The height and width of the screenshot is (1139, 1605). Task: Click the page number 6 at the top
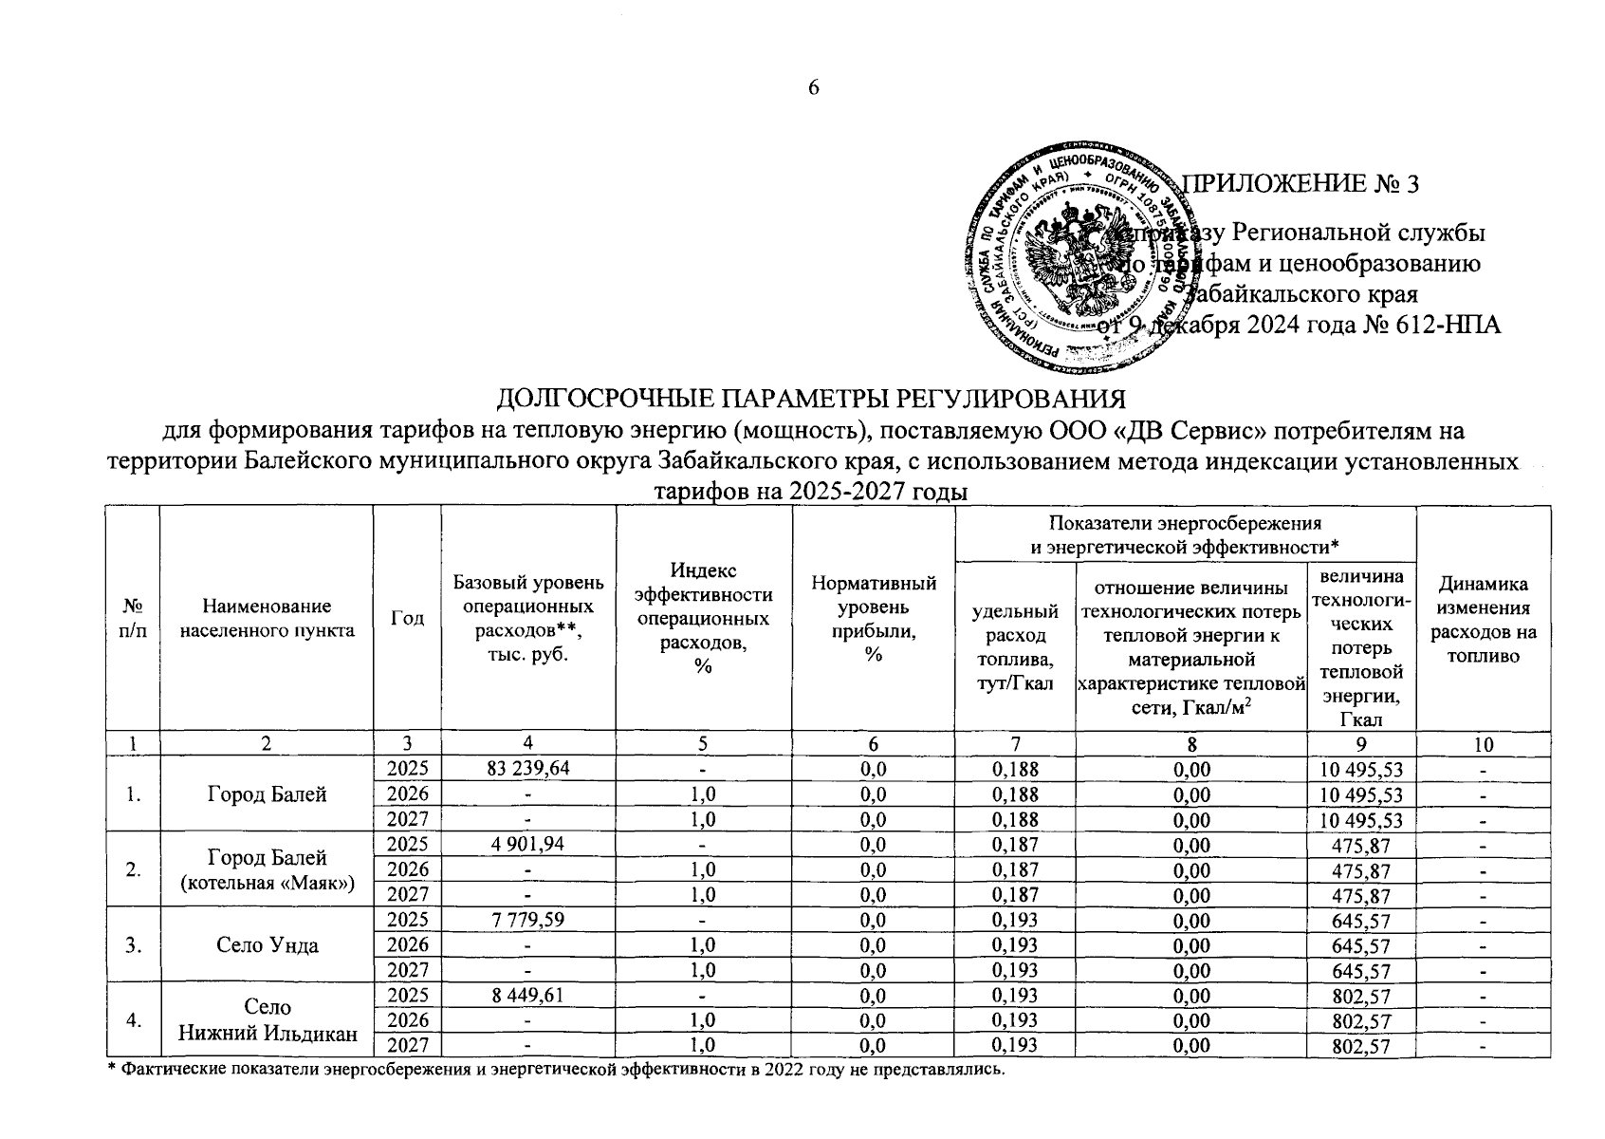813,88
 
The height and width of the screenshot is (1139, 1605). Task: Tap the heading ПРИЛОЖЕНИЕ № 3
1303,184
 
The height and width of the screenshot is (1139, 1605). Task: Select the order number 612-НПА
1448,325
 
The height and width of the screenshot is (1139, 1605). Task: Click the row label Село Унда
267,944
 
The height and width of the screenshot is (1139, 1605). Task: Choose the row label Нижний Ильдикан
267,1034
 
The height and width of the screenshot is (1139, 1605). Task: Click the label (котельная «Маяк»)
267,883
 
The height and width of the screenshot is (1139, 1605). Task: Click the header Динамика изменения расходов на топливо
1483,619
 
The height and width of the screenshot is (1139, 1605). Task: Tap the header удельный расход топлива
1015,645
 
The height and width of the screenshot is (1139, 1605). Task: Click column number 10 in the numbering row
1483,744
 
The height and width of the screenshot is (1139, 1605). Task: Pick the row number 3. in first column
134,944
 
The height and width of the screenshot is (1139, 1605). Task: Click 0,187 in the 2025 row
1015,844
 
